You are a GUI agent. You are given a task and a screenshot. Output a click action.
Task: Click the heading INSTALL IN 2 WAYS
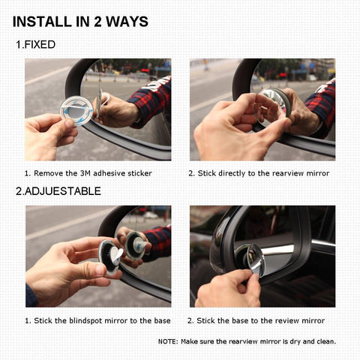80,20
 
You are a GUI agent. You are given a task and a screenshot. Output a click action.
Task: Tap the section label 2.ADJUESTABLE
58,191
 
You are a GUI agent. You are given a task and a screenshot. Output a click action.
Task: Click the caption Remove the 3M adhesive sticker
88,173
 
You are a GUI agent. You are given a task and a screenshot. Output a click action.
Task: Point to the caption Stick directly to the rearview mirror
258,173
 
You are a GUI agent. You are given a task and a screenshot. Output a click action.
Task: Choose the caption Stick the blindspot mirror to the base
97,320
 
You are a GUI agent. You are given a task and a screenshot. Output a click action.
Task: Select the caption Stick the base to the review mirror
256,320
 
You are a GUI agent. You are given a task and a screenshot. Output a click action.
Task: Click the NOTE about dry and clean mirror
247,341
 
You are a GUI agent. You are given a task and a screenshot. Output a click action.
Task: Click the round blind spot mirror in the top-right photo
271,105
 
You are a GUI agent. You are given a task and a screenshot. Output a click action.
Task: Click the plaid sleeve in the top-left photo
152,99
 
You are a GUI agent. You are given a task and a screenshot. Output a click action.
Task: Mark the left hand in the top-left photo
49,135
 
